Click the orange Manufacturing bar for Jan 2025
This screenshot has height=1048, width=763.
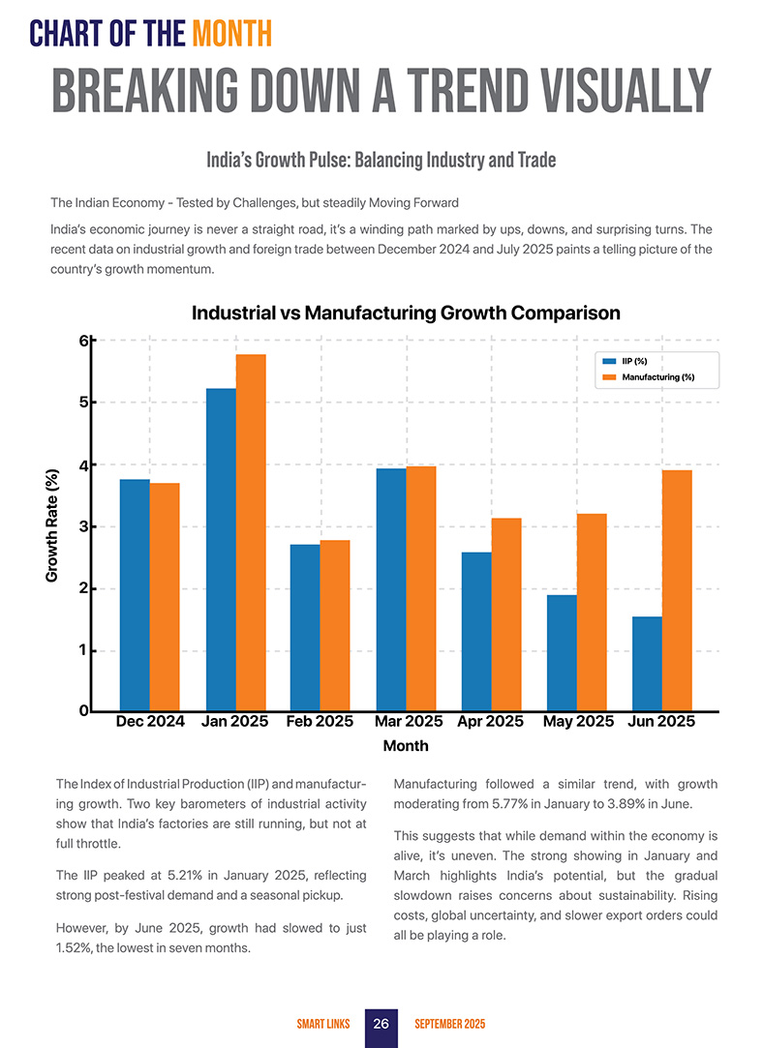click(x=251, y=532)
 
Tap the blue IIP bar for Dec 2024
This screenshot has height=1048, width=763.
click(x=134, y=595)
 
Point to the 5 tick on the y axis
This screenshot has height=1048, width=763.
click(x=84, y=403)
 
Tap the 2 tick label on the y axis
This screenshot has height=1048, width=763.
click(x=84, y=588)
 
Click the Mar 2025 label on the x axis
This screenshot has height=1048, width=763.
click(x=409, y=722)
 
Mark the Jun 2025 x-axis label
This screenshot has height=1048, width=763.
click(x=661, y=722)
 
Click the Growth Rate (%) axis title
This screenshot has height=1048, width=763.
click(x=52, y=525)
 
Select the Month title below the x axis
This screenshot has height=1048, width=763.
click(x=406, y=746)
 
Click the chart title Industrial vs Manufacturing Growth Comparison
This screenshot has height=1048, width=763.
click(x=406, y=313)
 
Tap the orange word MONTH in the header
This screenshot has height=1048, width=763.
click(x=230, y=36)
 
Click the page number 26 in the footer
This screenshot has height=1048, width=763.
click(x=381, y=1024)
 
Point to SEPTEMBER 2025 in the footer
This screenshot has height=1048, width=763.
click(x=449, y=1024)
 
